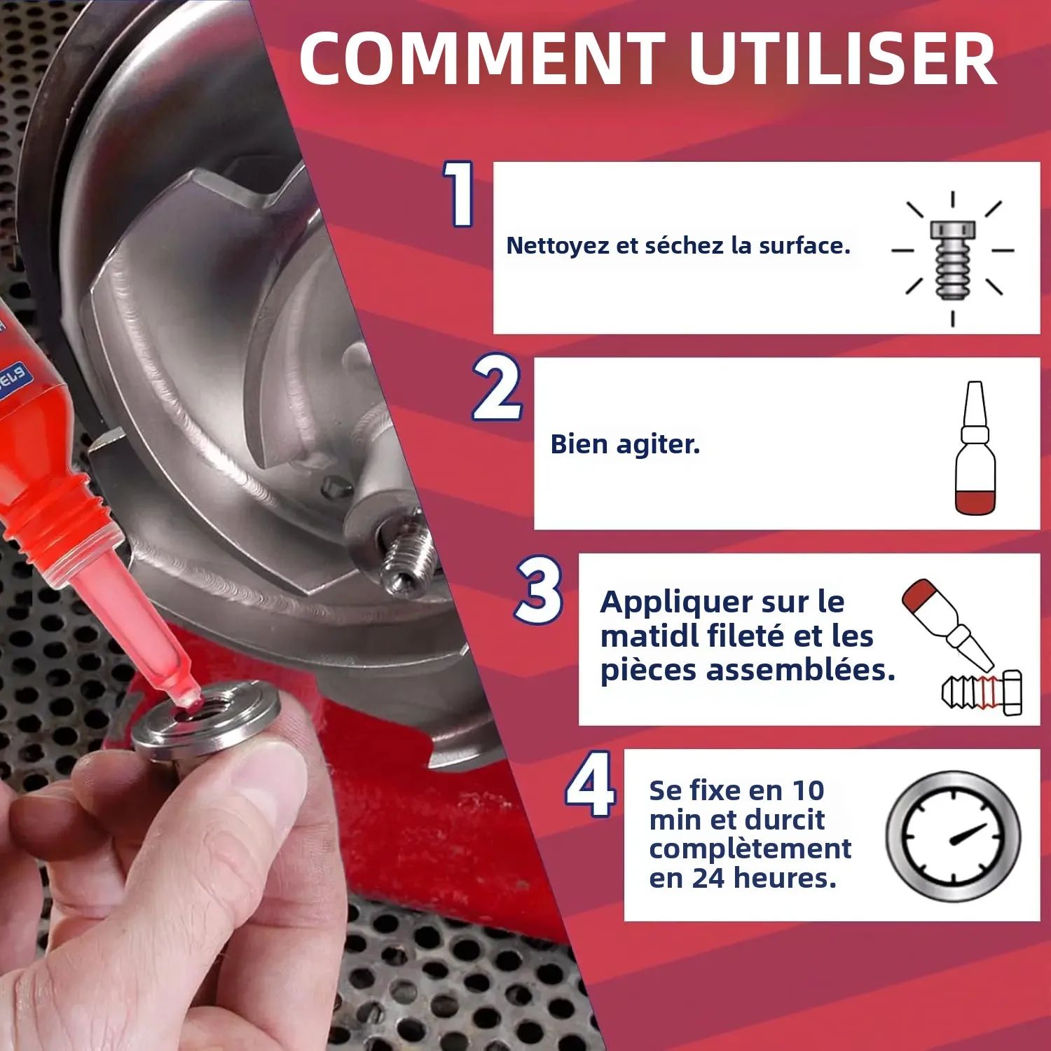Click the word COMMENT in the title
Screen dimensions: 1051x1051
tap(481, 59)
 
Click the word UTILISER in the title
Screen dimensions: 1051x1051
tap(843, 59)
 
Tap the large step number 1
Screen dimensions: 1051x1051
tap(460, 193)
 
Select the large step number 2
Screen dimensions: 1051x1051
tap(497, 387)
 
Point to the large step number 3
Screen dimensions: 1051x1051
tap(540, 589)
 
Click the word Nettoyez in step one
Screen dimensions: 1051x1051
tap(558, 246)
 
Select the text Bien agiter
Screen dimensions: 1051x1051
tap(625, 444)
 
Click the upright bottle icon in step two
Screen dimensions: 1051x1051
tap(975, 448)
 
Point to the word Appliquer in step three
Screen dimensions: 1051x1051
tap(677, 603)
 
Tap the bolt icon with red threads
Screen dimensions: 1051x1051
tap(982, 692)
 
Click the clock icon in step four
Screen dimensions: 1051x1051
tap(953, 837)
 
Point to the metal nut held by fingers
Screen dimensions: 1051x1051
tap(207, 722)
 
